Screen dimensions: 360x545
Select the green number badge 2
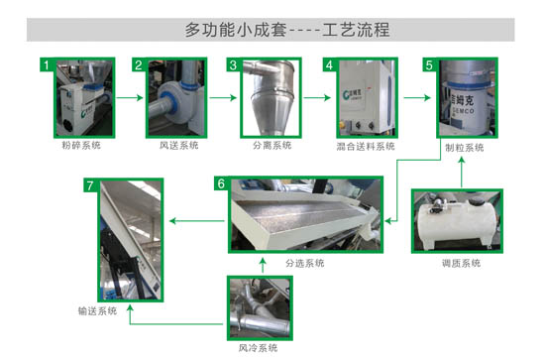140,65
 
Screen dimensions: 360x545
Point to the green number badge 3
234,65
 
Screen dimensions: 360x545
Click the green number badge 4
329,65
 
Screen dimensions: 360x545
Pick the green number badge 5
428,65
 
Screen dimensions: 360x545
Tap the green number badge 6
221,183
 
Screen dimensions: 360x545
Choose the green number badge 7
90,184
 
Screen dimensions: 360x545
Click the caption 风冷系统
258,347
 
